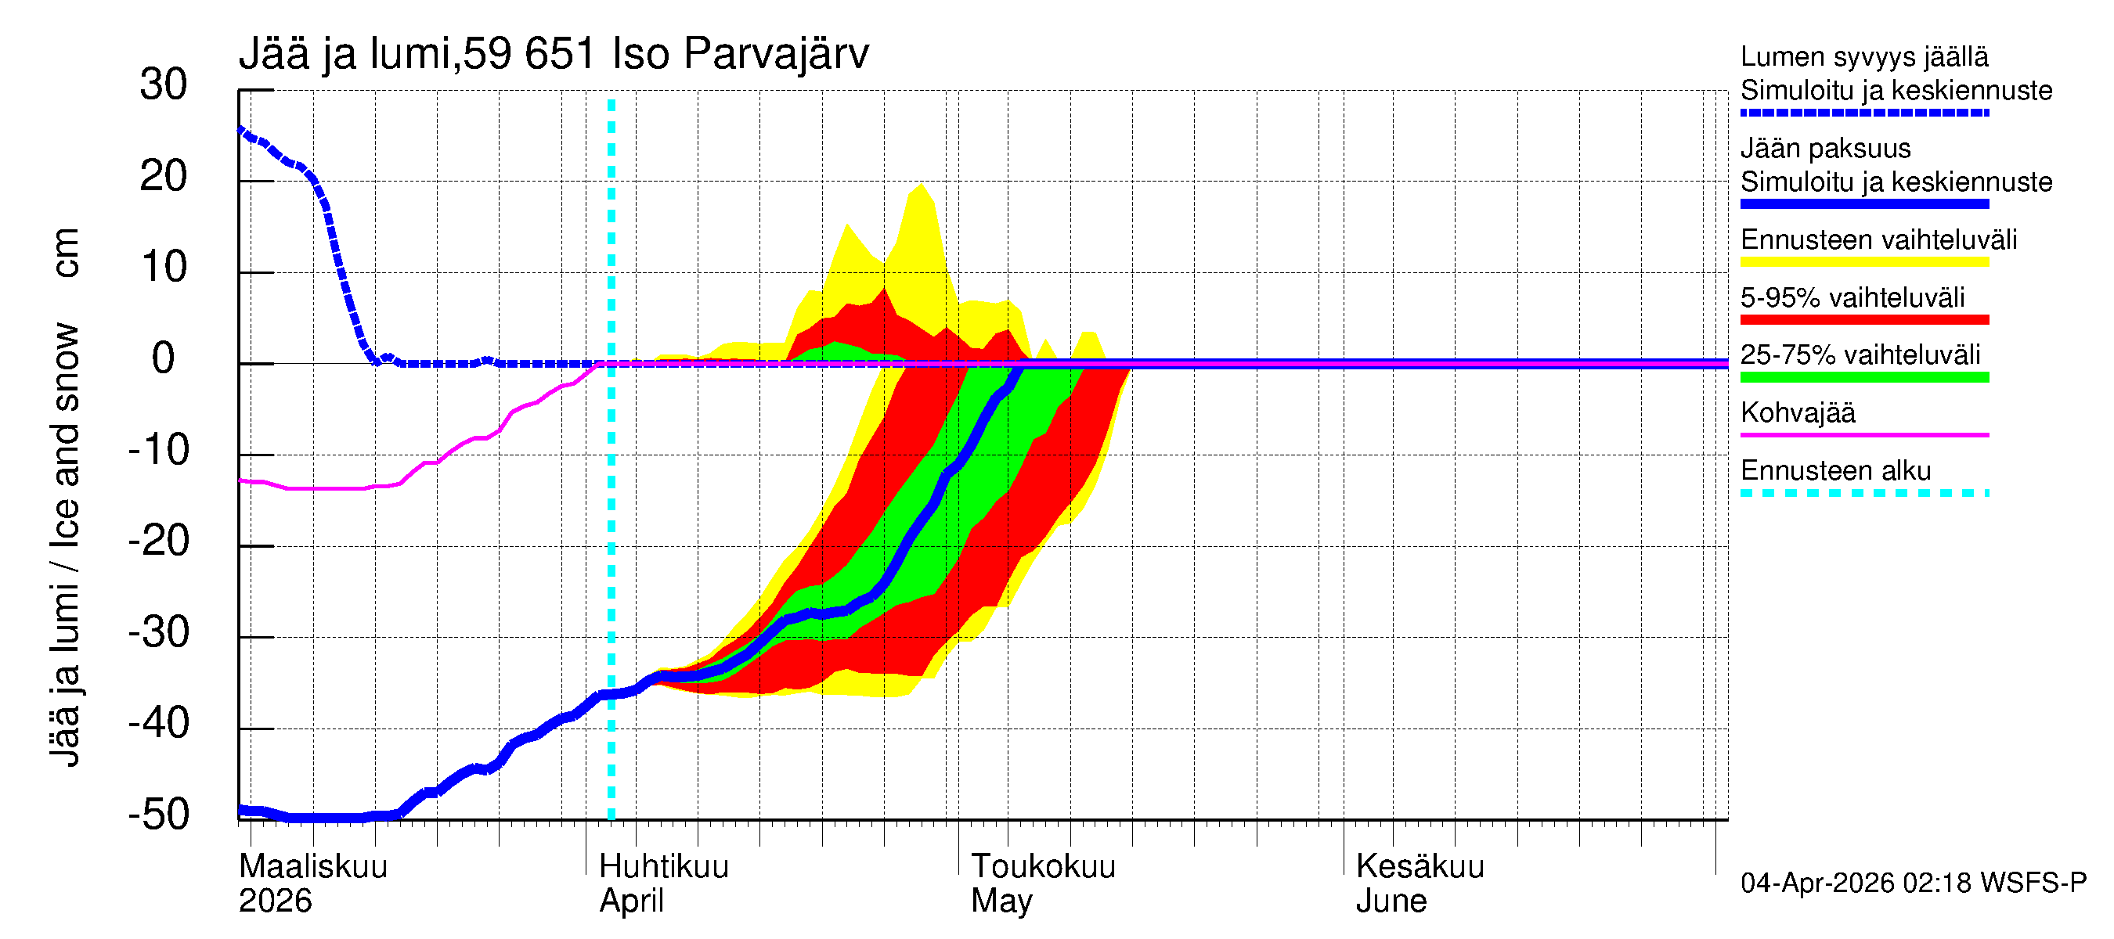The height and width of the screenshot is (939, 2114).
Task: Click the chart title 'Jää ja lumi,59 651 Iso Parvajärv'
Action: click(x=554, y=54)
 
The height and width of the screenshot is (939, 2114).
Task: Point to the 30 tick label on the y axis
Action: click(x=164, y=85)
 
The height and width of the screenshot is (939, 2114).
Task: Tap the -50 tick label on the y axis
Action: click(x=158, y=815)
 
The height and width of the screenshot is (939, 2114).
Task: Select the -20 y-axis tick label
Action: click(x=158, y=541)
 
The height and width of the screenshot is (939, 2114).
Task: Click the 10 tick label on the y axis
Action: click(x=164, y=268)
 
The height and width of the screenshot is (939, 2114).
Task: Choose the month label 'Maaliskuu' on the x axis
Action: click(x=312, y=866)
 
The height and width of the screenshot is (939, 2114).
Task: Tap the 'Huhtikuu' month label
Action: click(x=663, y=866)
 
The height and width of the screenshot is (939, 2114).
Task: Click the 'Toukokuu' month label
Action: click(x=1043, y=866)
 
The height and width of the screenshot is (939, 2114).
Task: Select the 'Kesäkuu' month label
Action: click(x=1420, y=866)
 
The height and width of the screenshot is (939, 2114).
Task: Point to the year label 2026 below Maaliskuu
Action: click(x=275, y=901)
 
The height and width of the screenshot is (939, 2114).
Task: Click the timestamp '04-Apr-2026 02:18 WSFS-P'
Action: click(x=1913, y=883)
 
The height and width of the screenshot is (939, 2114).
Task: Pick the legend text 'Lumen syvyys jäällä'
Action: click(x=1864, y=57)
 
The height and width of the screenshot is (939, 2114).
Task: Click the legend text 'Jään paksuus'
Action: click(x=1826, y=149)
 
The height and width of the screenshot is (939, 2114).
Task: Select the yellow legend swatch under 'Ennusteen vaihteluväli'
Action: click(x=1864, y=262)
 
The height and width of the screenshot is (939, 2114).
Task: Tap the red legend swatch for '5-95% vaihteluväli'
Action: click(x=1864, y=320)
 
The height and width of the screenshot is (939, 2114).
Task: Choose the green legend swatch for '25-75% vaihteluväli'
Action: click(x=1864, y=377)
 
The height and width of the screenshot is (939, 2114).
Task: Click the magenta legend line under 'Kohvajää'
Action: click(x=1864, y=434)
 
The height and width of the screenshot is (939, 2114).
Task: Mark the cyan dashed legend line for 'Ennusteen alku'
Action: click(x=1864, y=493)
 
